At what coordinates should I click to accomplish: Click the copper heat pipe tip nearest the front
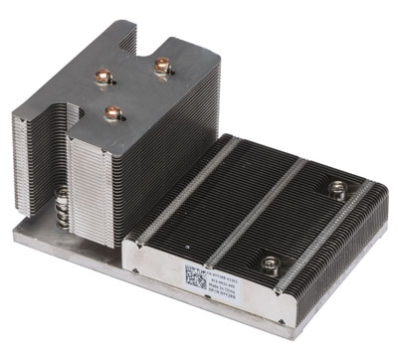pos(112,112)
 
